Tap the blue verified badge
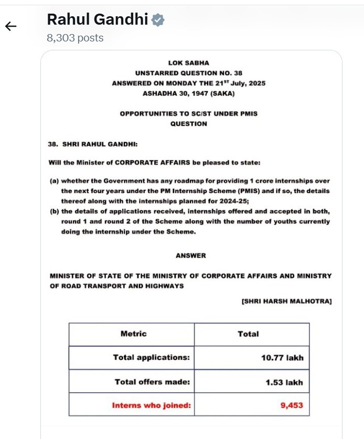point(158,20)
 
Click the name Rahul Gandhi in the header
point(98,20)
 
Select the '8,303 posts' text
point(75,38)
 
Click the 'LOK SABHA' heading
point(188,63)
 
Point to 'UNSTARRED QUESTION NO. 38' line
point(188,73)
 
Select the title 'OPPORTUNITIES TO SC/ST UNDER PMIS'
point(188,113)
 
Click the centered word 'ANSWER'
point(191,255)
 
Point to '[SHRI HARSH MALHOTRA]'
point(286,301)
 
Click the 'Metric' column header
point(133,334)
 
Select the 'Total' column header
point(248,334)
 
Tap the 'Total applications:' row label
point(151,357)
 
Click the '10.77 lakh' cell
point(282,358)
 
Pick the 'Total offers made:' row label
point(152,382)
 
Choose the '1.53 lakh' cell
point(284,382)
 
